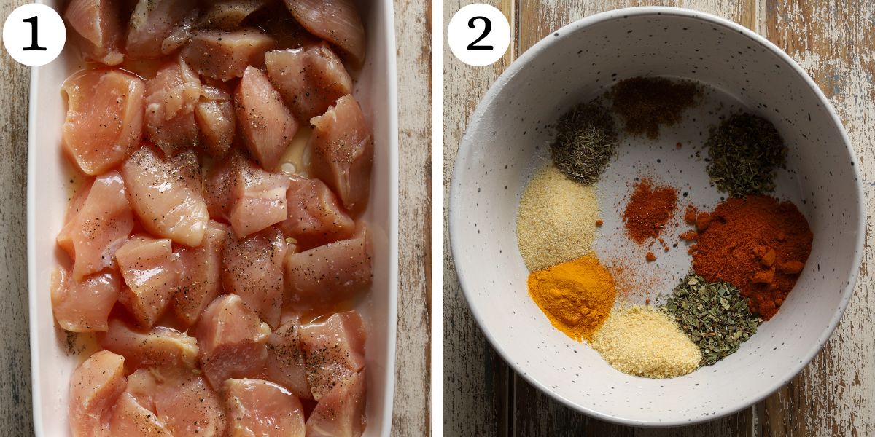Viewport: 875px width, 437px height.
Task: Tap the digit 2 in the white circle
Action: click(479, 34)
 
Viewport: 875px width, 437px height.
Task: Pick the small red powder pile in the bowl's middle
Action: click(649, 210)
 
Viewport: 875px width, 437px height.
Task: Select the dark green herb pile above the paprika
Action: click(745, 154)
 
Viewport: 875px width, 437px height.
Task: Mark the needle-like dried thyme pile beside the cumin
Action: click(583, 143)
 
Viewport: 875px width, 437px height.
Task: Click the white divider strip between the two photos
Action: click(437, 219)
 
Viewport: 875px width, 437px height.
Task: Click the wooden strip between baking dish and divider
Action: click(414, 219)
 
